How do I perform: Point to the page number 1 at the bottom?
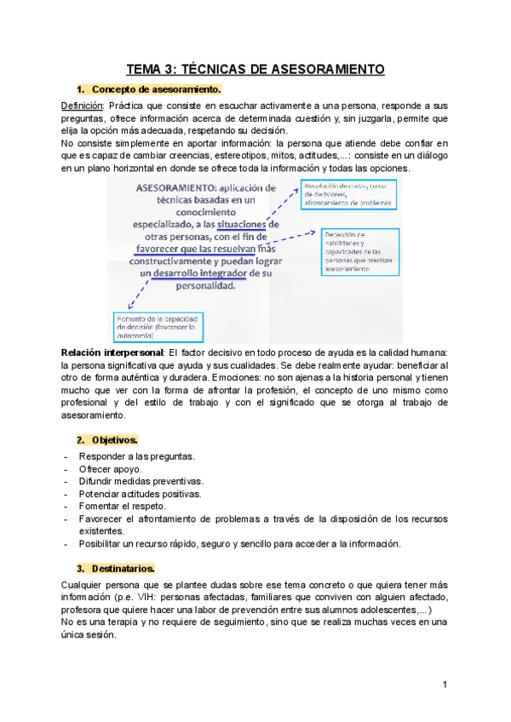tap(445, 685)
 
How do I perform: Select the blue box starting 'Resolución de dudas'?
tap(348, 196)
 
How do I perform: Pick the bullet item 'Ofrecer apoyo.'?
tap(111, 469)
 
